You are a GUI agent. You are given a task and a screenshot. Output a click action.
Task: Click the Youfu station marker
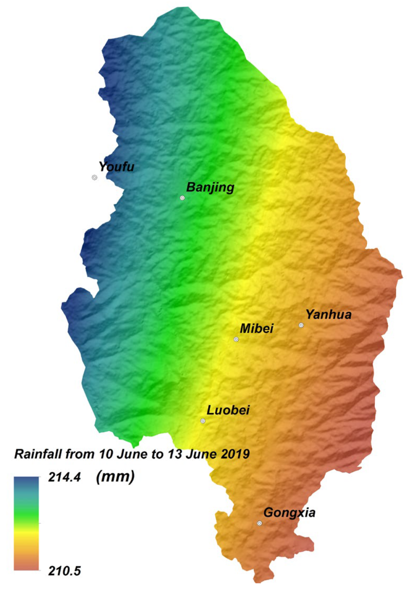94,178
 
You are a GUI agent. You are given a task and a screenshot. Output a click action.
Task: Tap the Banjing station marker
182,198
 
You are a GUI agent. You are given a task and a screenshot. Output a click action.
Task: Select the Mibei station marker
236,339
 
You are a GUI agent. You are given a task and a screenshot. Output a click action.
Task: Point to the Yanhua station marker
301,325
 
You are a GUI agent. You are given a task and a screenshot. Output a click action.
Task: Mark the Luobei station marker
203,421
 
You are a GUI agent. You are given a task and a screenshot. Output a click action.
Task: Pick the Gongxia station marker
259,523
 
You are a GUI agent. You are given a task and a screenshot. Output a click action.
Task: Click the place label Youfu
116,167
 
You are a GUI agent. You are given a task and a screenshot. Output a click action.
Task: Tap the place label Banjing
210,187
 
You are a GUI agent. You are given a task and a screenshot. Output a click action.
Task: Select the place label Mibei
256,328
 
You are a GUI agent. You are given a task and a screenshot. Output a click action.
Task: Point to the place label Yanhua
328,314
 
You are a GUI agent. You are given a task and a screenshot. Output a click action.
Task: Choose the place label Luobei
228,410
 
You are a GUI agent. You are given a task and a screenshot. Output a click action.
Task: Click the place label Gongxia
289,512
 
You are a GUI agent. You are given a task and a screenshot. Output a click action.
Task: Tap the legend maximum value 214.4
64,477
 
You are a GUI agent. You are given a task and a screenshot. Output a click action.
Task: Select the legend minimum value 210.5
64,571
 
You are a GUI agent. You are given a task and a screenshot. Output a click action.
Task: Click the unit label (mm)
115,476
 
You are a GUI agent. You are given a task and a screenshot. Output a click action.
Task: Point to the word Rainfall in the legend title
38,454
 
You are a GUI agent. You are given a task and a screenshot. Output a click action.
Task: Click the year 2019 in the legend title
235,454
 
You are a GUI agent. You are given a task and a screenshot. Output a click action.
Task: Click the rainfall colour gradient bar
26,523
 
